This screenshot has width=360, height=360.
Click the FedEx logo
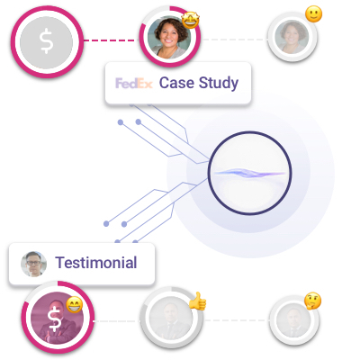click(x=134, y=84)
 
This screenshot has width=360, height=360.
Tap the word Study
click(x=219, y=83)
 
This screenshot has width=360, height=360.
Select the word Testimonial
click(x=96, y=263)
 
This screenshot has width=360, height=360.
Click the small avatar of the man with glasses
click(x=33, y=264)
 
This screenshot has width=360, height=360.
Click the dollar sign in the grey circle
click(x=46, y=42)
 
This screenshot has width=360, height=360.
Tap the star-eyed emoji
click(x=191, y=20)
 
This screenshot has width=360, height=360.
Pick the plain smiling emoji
click(x=313, y=14)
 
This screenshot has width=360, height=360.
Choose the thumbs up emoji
click(x=198, y=301)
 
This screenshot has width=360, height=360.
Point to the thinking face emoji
click(x=312, y=301)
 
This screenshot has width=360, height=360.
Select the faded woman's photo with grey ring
click(x=292, y=37)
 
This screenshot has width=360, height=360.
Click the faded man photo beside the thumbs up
click(x=171, y=318)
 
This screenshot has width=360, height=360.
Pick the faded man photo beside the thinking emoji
click(x=294, y=319)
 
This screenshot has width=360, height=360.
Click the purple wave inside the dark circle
click(x=249, y=173)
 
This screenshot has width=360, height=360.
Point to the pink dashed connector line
click(x=109, y=40)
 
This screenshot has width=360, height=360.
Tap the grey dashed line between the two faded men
click(x=236, y=320)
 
